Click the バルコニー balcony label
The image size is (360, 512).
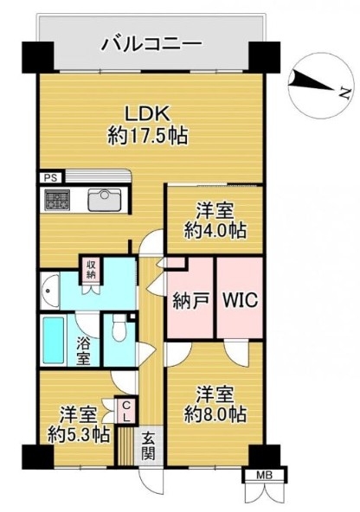tap(152, 45)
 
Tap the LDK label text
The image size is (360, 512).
tap(148, 115)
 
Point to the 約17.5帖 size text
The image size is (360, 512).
tap(148, 136)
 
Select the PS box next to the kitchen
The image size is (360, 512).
tap(51, 178)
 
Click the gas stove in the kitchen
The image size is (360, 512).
tap(57, 200)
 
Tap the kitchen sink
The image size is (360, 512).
tap(105, 200)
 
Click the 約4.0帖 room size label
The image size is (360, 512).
tap(215, 231)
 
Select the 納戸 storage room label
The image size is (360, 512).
tap(190, 299)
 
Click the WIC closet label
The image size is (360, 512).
tap(241, 299)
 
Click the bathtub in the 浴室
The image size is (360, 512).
tap(54, 341)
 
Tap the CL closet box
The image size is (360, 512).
tap(126, 411)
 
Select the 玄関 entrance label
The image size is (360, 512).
tap(149, 446)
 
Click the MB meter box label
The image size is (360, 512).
tap(265, 476)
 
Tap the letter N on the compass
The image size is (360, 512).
tap(345, 93)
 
